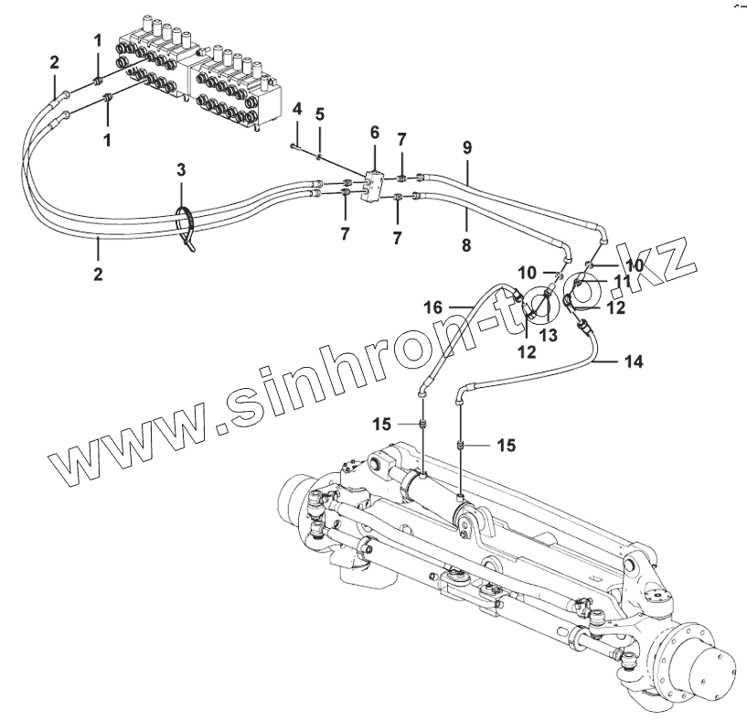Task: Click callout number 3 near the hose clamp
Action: point(181,170)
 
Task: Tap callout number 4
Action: point(296,110)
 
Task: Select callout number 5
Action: point(319,114)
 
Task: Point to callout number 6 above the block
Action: point(374,133)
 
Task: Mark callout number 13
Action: point(549,337)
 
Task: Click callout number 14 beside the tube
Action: point(634,361)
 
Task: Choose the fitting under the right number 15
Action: point(463,445)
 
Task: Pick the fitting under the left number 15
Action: point(422,425)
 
